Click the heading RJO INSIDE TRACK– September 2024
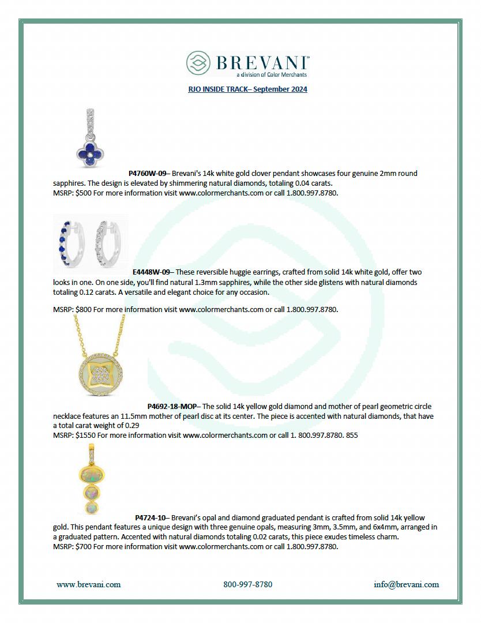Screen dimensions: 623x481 (247, 89)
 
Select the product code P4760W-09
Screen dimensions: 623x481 (147, 173)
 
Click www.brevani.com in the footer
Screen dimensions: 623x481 (89, 584)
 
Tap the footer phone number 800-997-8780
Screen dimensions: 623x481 (247, 584)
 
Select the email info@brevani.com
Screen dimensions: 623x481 (406, 584)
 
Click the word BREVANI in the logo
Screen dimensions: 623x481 (263, 62)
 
